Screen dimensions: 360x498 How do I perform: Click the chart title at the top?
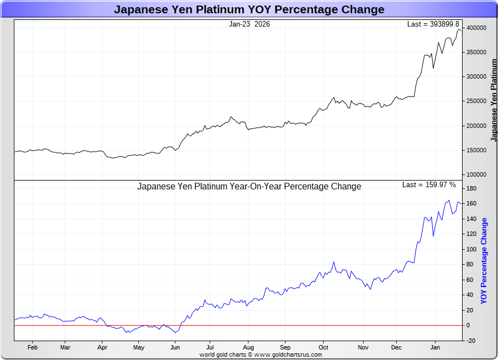point(249,9)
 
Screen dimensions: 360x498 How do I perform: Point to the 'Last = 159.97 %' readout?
point(429,185)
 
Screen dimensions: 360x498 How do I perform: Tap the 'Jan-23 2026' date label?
point(250,24)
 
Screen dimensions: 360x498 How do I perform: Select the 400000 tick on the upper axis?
point(476,28)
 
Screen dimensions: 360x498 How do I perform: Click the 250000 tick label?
point(476,101)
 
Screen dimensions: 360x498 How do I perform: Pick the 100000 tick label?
point(476,174)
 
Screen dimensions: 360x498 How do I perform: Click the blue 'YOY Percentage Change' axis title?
point(484,261)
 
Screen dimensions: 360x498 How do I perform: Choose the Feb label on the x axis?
point(32,348)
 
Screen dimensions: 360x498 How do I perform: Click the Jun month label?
point(175,348)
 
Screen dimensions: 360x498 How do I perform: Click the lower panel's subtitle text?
point(249,187)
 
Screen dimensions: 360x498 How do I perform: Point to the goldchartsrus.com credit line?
point(261,354)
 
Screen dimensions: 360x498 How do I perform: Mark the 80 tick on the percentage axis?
point(470,265)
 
